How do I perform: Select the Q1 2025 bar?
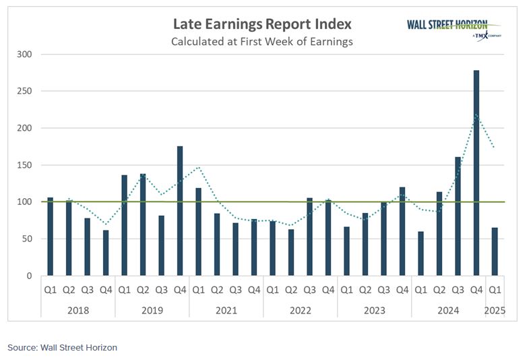(495, 251)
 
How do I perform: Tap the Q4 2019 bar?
(181, 211)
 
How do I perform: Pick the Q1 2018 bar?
(51, 237)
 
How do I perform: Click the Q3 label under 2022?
(310, 291)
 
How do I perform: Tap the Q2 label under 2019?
(144, 291)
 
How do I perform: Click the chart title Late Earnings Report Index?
(262, 25)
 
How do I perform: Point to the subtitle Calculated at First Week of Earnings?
(262, 42)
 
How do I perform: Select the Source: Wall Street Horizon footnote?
(63, 347)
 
